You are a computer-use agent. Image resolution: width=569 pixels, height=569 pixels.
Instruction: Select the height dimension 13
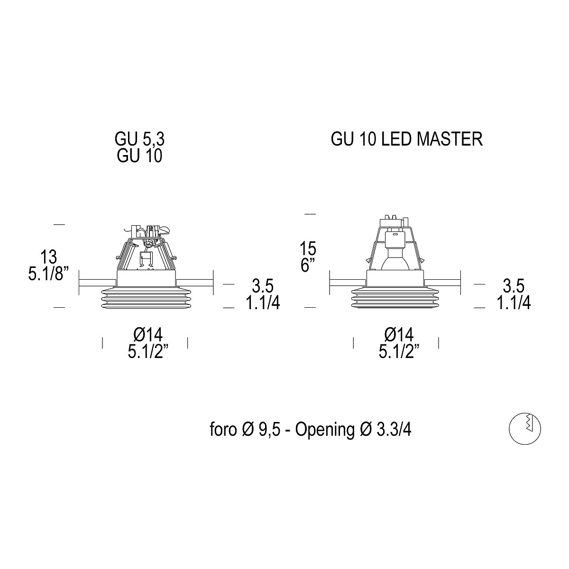(x=49, y=257)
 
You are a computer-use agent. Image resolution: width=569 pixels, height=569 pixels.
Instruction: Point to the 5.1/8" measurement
(x=49, y=274)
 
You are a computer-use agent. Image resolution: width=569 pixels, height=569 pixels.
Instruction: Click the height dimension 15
(x=308, y=248)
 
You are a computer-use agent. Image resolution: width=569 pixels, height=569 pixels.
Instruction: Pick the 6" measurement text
(x=308, y=265)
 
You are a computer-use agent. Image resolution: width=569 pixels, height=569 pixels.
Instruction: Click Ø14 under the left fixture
(x=148, y=335)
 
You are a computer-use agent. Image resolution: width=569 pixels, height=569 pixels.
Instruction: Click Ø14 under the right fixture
(x=399, y=335)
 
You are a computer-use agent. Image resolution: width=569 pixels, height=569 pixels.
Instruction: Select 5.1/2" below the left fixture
(x=148, y=352)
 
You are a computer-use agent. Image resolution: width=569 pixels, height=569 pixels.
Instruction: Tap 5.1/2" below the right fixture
(x=399, y=352)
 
